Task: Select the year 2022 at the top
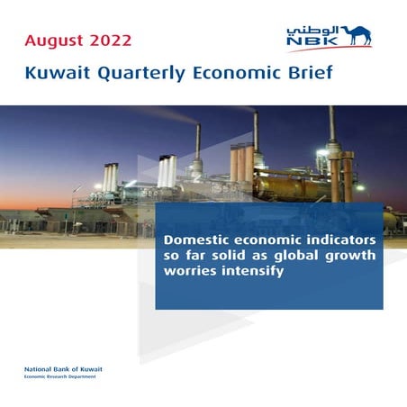coord(114,41)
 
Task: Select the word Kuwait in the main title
coord(56,73)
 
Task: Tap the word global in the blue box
coord(297,256)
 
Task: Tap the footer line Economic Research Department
coord(63,376)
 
